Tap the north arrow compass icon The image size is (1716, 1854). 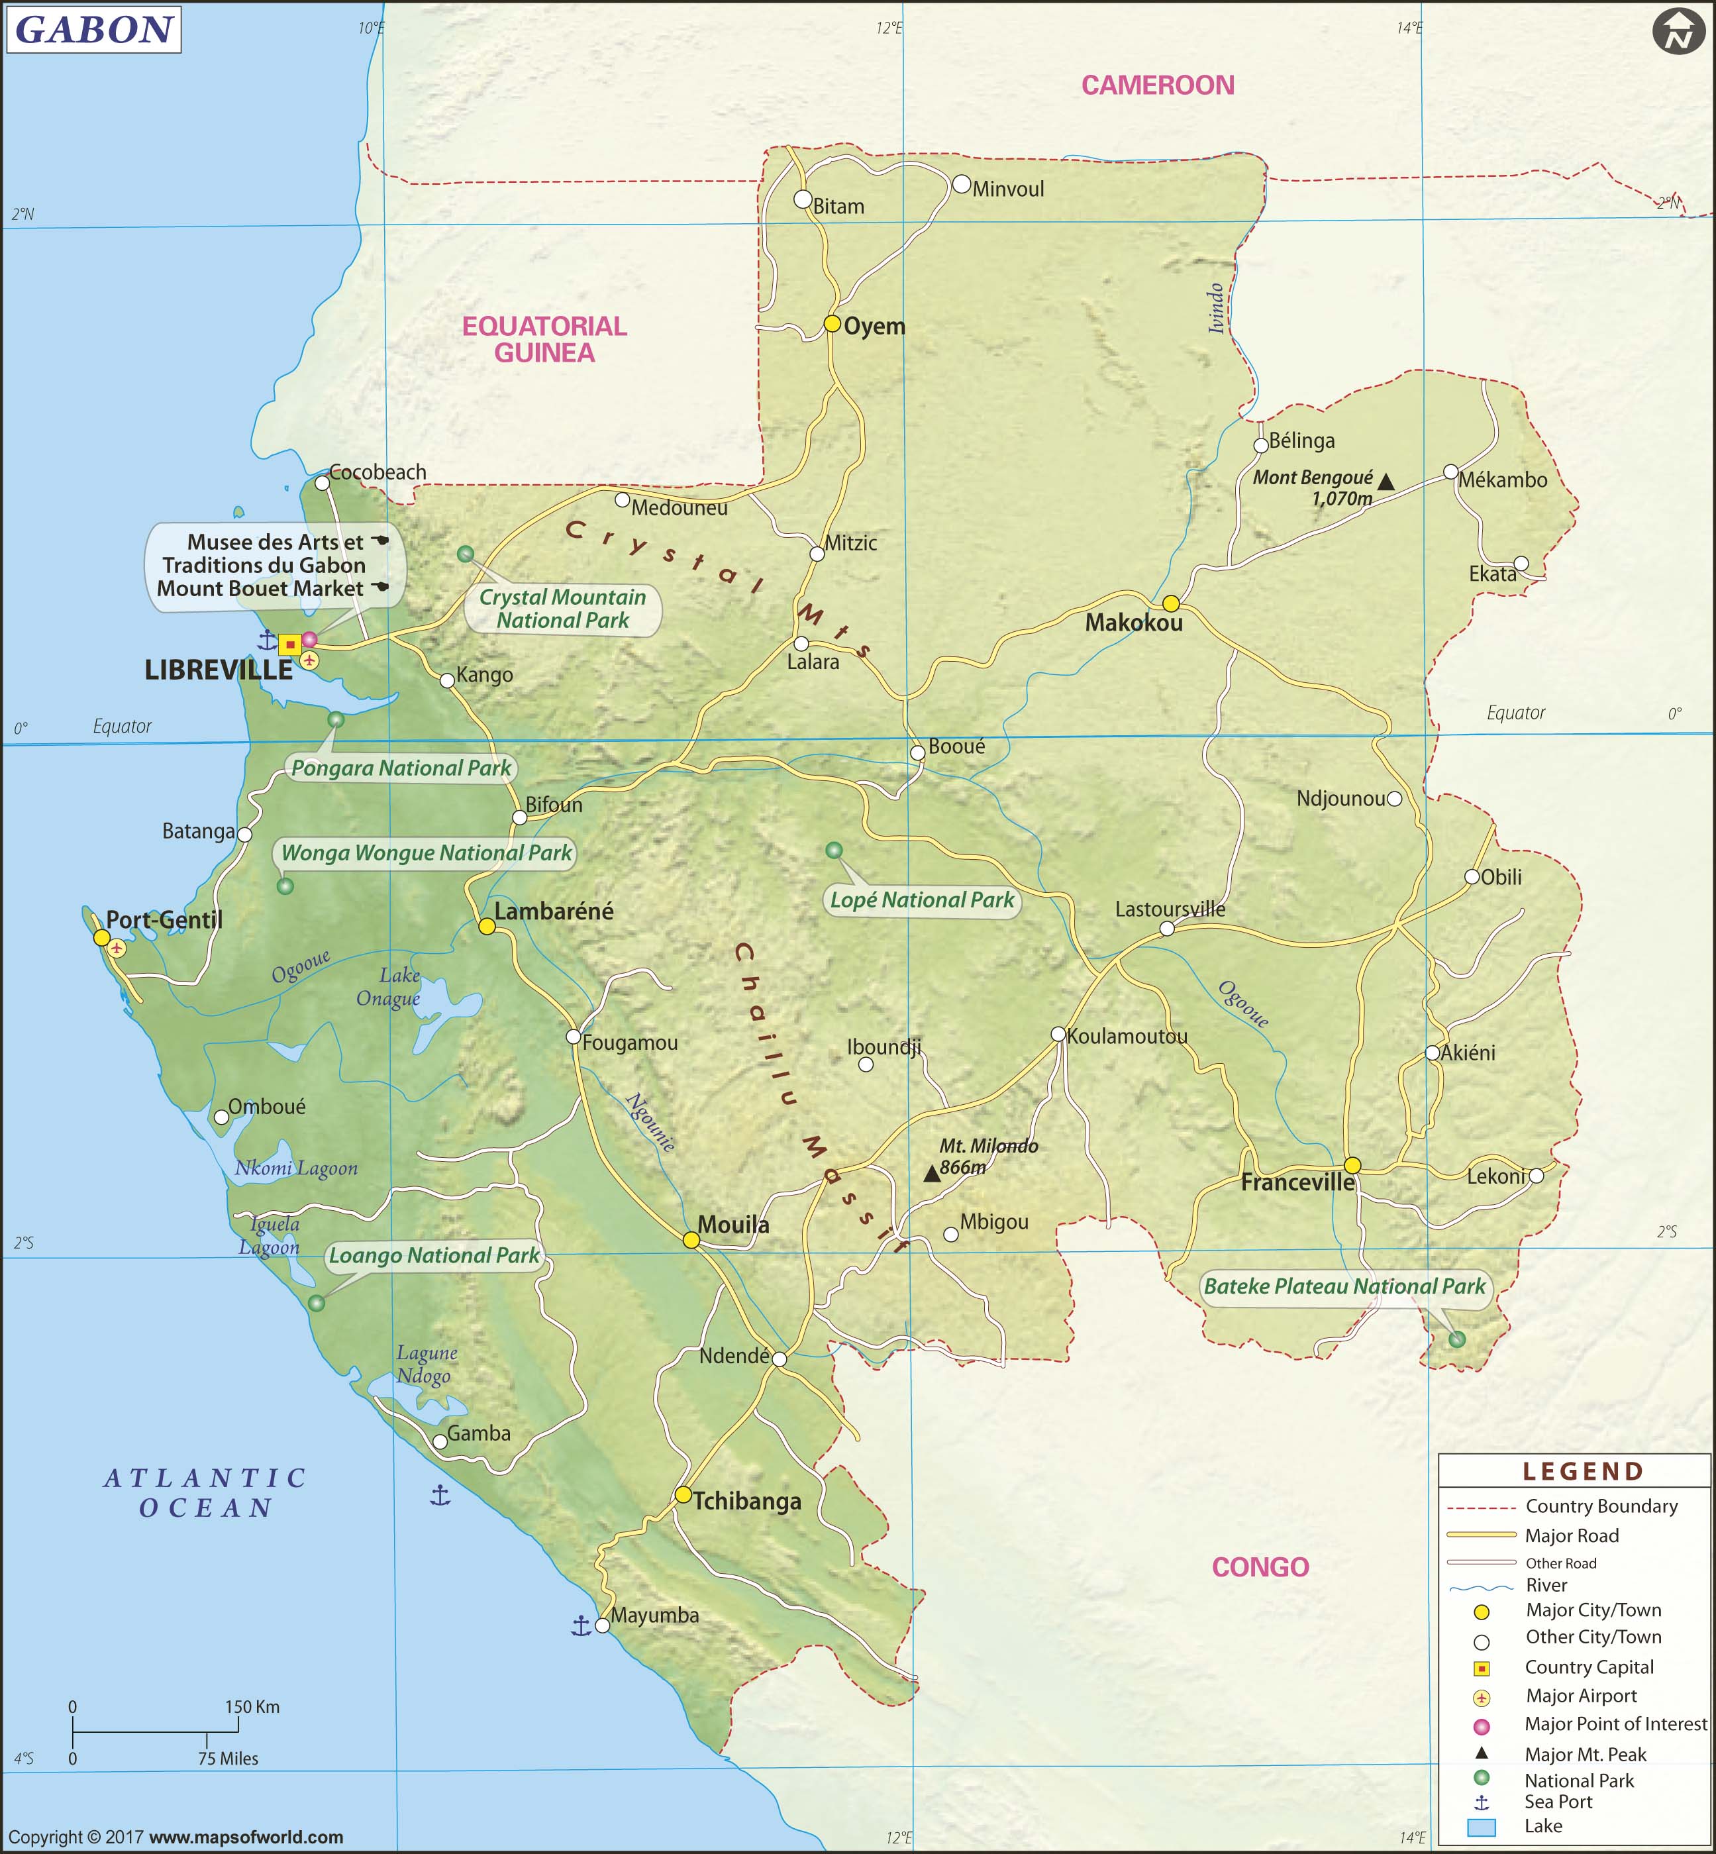[1678, 32]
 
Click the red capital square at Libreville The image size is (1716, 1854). [289, 644]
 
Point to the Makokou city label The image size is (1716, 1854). [1134, 623]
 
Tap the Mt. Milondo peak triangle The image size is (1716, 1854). [931, 1174]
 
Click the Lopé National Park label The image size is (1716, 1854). [921, 900]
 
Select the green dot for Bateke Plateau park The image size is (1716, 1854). [1457, 1339]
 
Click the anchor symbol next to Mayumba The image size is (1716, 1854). [580, 1625]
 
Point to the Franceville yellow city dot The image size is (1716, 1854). [1353, 1166]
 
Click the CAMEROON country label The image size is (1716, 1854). [1157, 85]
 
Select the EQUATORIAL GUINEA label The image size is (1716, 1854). [544, 339]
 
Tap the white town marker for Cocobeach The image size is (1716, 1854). [323, 483]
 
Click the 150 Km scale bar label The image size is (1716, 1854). [252, 1707]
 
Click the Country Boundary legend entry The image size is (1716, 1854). [1600, 1507]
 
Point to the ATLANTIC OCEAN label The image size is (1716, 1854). [205, 1493]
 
